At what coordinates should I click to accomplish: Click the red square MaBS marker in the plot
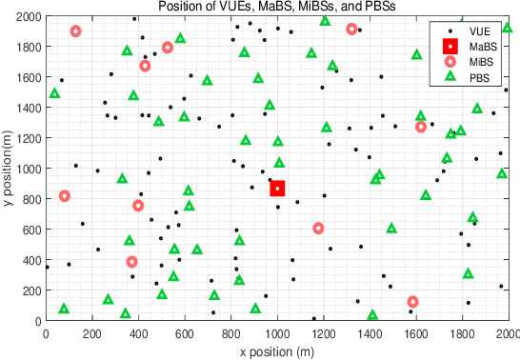pos(277,189)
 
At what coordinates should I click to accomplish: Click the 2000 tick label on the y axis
pos(25,17)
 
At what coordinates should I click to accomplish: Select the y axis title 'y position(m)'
pos(8,170)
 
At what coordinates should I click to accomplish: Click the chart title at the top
pos(277,7)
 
